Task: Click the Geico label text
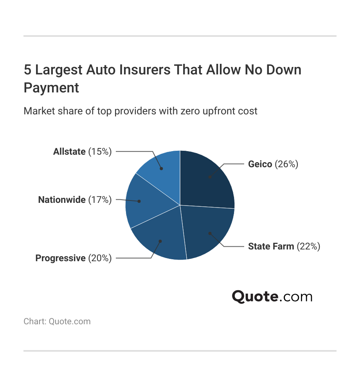[260, 164]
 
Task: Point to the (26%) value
[286, 164]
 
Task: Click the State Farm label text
[271, 246]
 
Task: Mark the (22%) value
[308, 246]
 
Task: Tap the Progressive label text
[60, 258]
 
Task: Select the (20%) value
[100, 258]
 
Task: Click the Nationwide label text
[62, 200]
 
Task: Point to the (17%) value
[100, 200]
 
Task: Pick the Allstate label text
[69, 152]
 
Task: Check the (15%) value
[100, 152]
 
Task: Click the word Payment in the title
[51, 87]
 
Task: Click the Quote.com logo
[272, 296]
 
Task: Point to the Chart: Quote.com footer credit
[57, 322]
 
